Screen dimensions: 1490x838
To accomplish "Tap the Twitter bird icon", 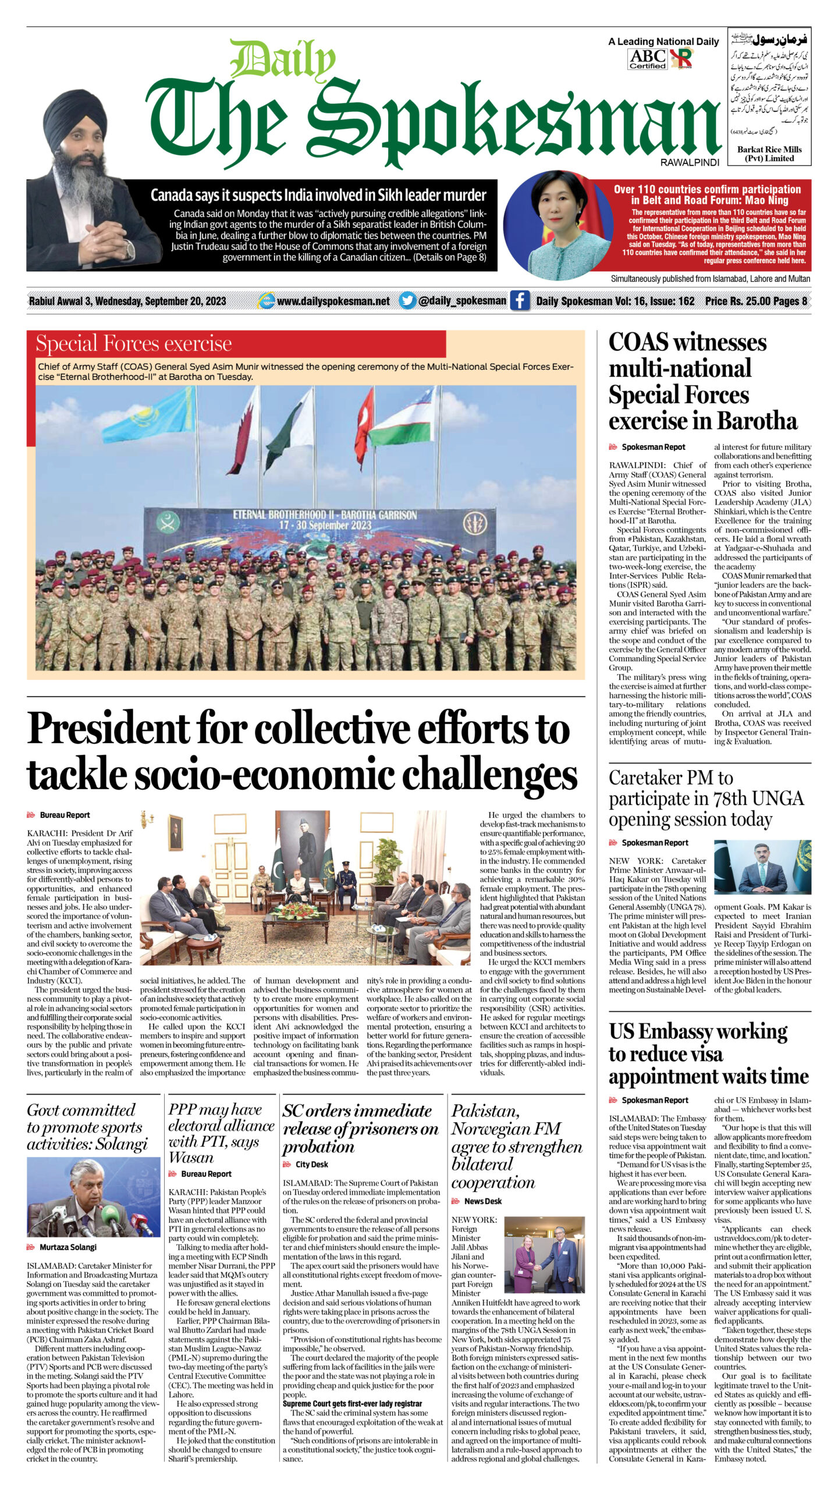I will [408, 300].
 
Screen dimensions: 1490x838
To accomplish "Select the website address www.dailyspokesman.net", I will [333, 301].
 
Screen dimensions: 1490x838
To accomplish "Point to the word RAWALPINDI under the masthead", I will [690, 162].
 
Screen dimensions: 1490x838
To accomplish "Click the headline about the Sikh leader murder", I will [318, 195].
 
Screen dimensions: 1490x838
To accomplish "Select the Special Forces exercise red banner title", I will [134, 343].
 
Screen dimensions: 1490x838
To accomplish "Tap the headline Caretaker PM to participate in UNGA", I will [706, 798].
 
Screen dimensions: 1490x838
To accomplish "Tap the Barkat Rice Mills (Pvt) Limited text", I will [769, 154].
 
